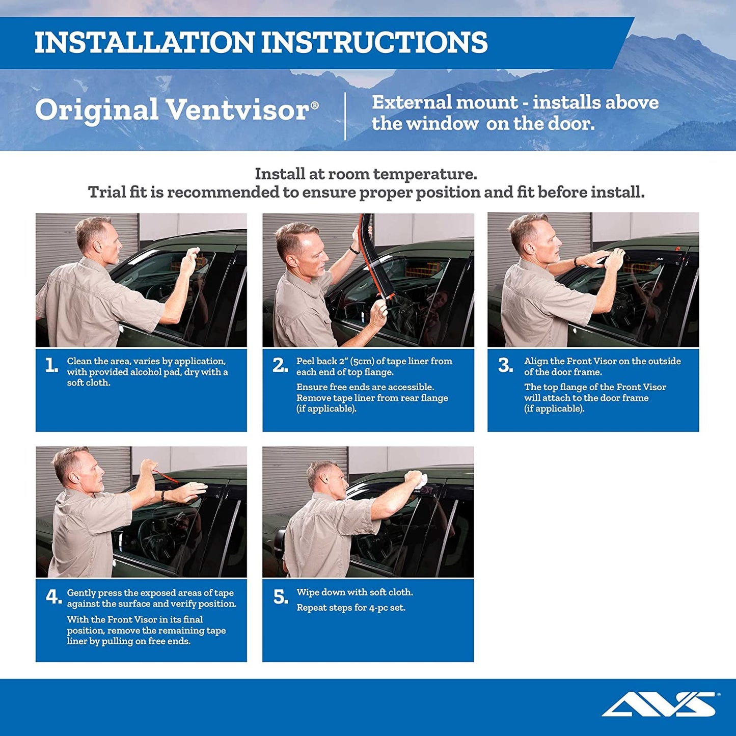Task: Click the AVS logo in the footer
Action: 659,704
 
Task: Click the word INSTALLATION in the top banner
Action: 144,42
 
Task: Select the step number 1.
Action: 51,365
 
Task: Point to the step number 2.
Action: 280,365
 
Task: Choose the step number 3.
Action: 505,365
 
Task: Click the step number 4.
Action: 53,596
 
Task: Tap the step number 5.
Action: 281,596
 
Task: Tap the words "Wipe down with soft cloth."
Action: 355,592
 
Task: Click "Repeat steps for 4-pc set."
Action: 351,608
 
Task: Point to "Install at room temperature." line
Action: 366,174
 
